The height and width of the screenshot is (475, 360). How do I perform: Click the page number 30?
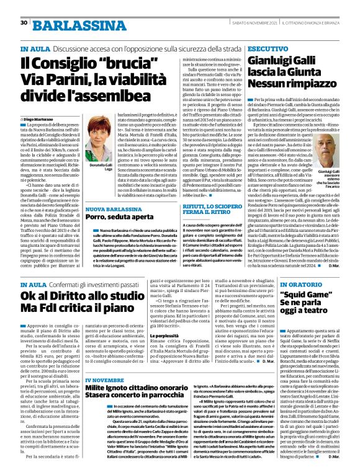24,22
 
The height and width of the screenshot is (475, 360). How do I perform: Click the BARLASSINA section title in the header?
64,23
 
